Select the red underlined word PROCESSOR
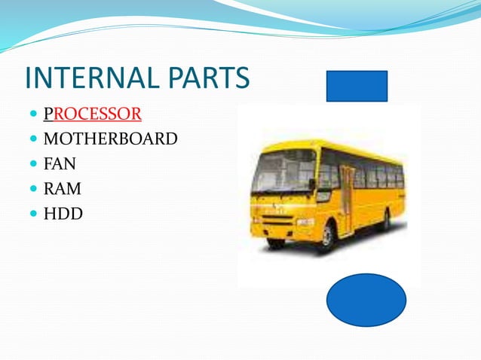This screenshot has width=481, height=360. coord(93,114)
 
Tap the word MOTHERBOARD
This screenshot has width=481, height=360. coord(111,139)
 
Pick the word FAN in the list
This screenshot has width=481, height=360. coord(60,163)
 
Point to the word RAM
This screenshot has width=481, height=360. coord(63,188)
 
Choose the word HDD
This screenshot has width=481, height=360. coord(63,213)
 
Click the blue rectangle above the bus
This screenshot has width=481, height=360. coord(357,86)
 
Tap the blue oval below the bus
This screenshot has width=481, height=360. coord(366,300)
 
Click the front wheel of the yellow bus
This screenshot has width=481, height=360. coord(326,238)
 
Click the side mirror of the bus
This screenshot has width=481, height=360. coord(311,184)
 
